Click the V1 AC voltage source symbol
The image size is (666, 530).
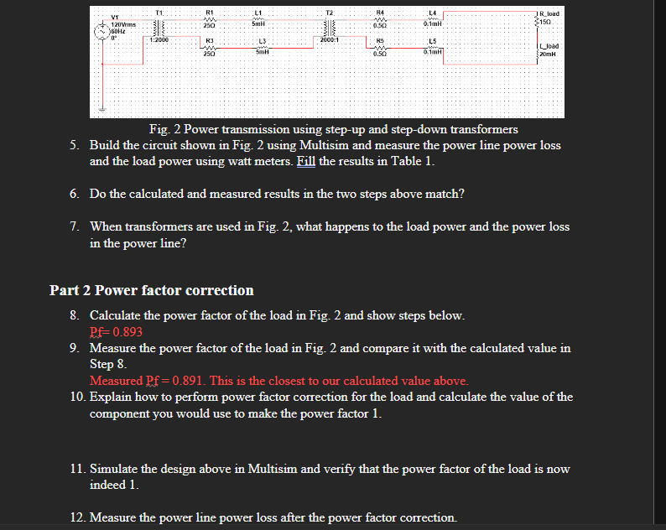pyautogui.click(x=103, y=27)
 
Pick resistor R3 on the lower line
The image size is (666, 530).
pyautogui.click(x=210, y=49)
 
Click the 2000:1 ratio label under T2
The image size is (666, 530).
pyautogui.click(x=330, y=39)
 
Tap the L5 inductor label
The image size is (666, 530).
pyautogui.click(x=432, y=40)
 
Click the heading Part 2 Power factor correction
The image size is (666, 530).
pyautogui.click(x=151, y=290)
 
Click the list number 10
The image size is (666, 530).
pyautogui.click(x=76, y=397)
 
